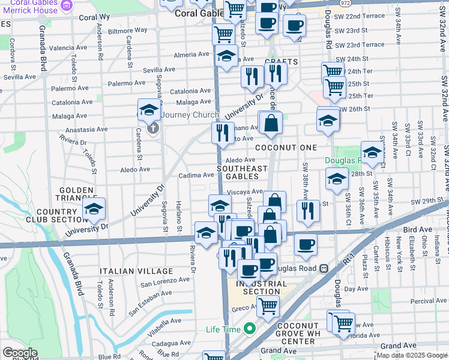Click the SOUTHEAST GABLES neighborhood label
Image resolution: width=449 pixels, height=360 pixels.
[242, 172]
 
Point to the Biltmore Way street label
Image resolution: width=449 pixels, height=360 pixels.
[128, 30]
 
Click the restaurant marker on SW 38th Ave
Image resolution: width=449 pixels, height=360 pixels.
[308, 211]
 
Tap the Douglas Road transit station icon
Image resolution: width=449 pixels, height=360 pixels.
[324, 268]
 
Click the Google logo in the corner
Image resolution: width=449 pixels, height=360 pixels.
[20, 353]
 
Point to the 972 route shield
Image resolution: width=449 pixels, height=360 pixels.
[345, 3]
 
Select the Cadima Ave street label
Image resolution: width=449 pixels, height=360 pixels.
[196, 175]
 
